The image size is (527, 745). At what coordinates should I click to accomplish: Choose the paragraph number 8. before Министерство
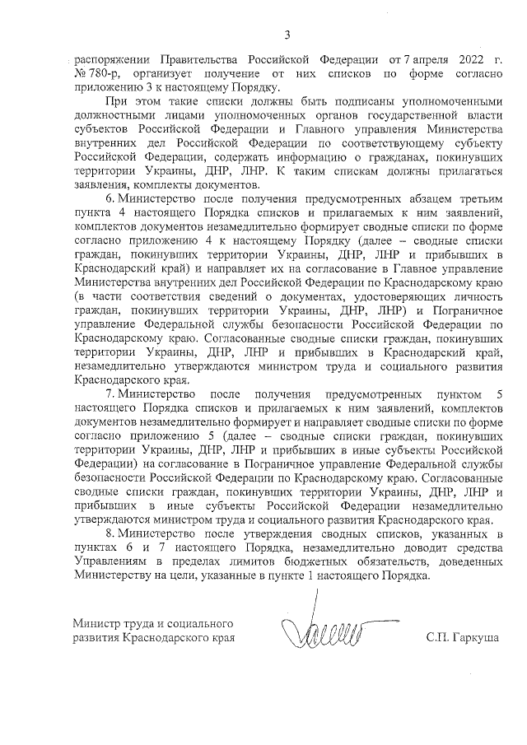pyautogui.click(x=110, y=534)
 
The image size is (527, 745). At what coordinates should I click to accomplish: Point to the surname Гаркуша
pyautogui.click(x=481, y=638)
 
